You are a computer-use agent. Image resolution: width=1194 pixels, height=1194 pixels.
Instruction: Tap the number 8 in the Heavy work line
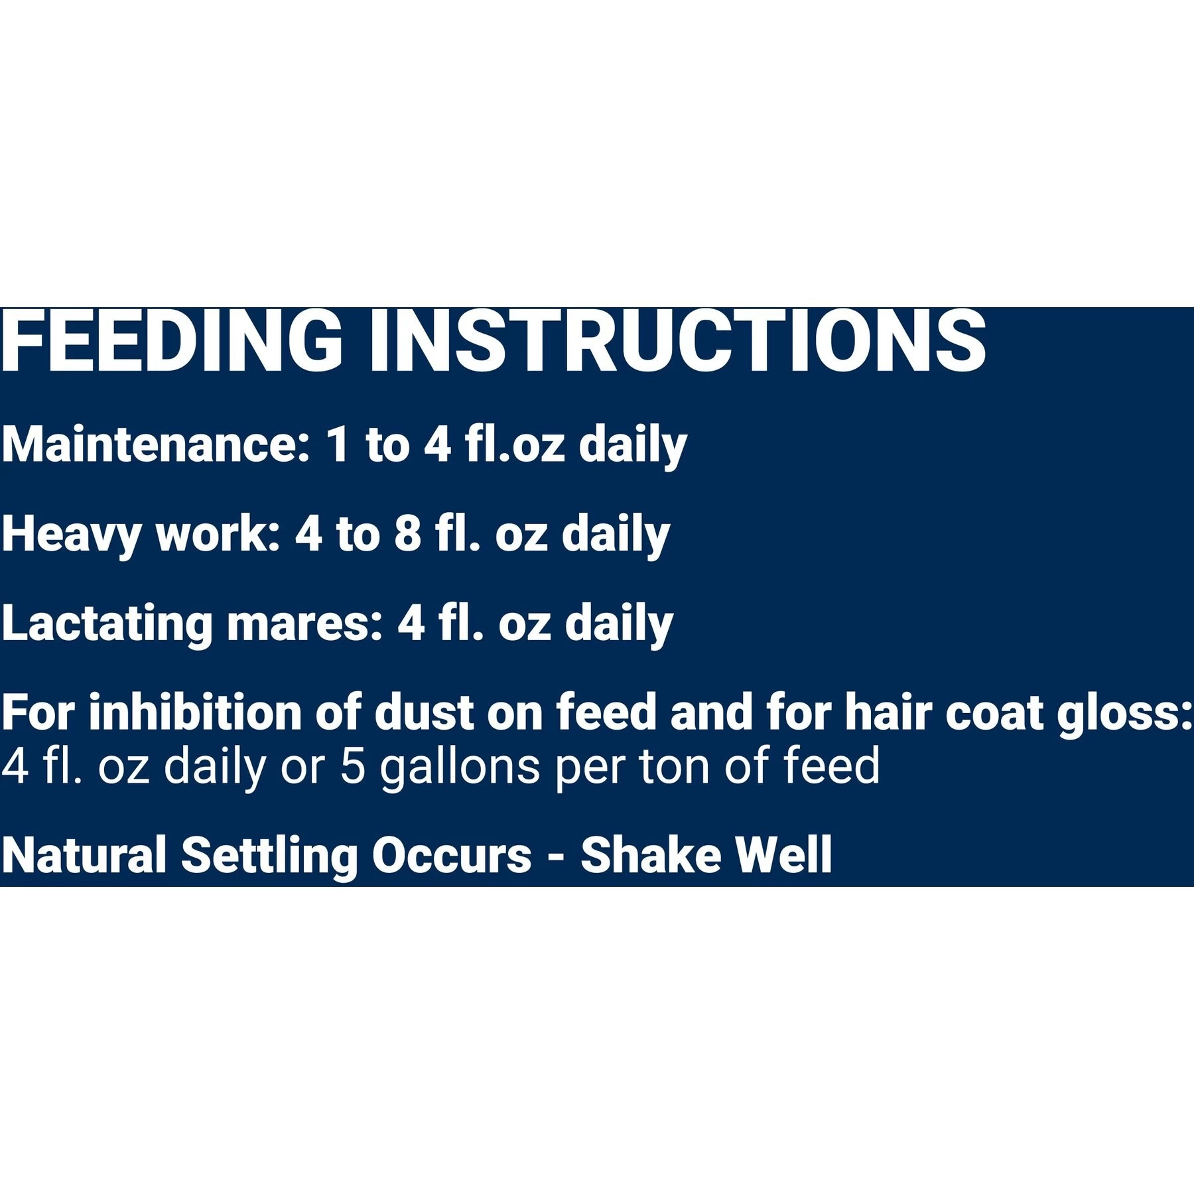click(408, 534)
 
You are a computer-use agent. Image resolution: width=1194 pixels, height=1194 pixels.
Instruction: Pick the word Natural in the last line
click(84, 854)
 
